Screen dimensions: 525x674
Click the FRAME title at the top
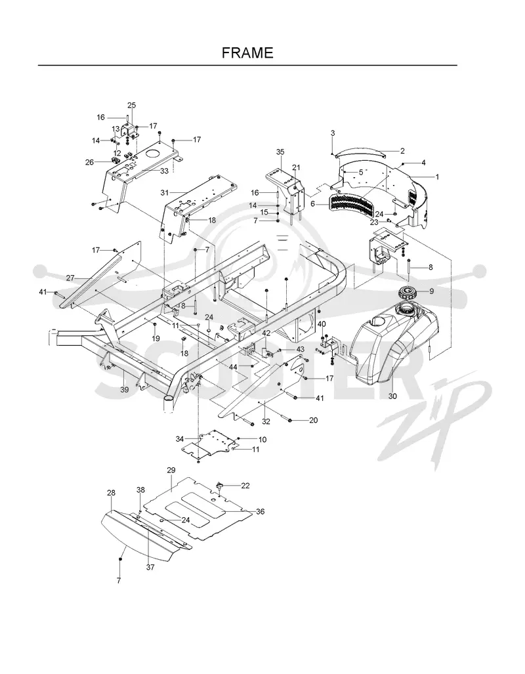[x=247, y=53]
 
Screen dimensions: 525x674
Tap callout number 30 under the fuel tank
[x=392, y=396]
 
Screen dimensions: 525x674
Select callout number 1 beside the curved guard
[x=437, y=177]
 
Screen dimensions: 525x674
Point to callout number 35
[x=280, y=152]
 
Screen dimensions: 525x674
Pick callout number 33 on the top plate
[x=164, y=171]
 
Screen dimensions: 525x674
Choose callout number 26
[x=89, y=162]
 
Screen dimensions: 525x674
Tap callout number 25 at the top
[x=131, y=105]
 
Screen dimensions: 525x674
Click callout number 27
[x=70, y=278]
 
